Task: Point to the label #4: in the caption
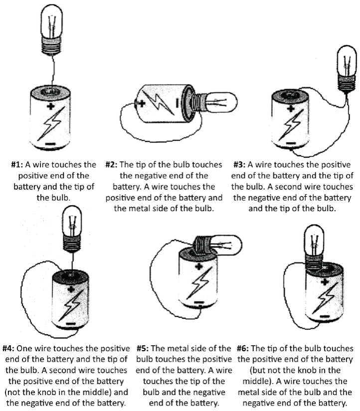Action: pos(10,348)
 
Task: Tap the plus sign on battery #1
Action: pos(50,106)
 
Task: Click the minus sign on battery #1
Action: pos(50,143)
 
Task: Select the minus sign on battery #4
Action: pos(70,323)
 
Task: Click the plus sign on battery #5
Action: pos(199,266)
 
